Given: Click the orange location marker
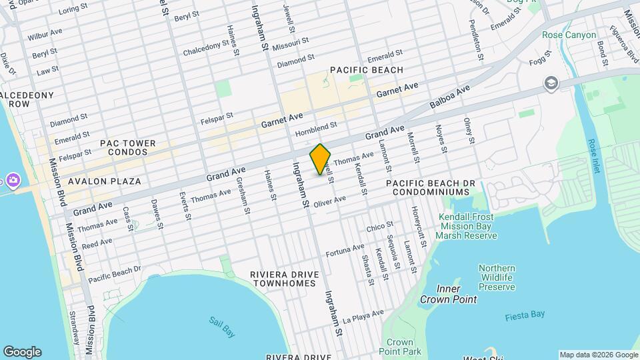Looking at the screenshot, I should coord(321,159).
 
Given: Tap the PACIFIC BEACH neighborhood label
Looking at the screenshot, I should coord(366,70).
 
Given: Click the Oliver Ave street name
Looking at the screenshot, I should coord(329,201).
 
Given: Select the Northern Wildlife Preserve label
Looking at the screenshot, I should coord(497,277).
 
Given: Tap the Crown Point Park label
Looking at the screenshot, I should coord(400,346).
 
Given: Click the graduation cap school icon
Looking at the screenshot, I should coord(551,83).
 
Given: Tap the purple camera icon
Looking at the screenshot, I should coord(12,179).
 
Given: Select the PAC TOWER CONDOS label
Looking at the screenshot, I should coord(127,147).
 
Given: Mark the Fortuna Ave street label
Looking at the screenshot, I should coord(345,251).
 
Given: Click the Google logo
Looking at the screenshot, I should coord(22,351).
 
